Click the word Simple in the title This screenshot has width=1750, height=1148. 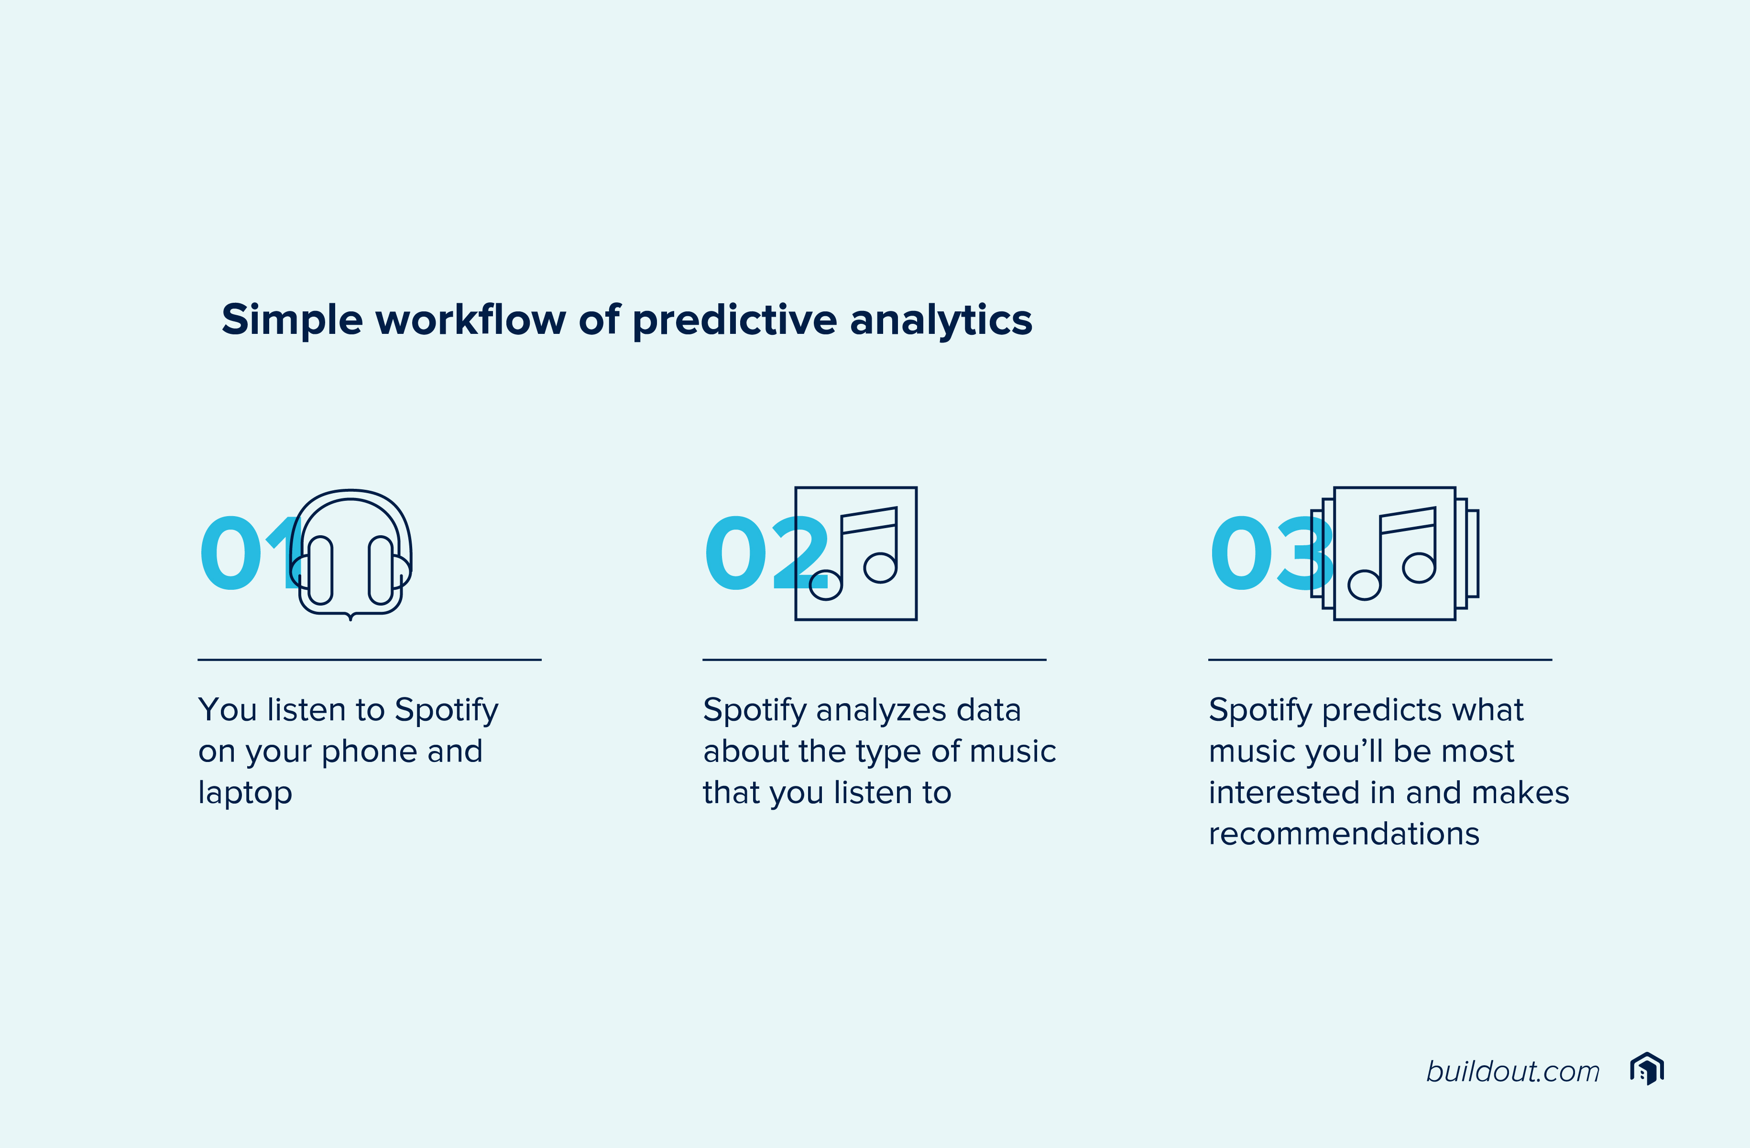[292, 320]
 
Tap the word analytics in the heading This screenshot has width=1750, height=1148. [941, 320]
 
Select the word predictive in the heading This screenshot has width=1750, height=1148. [734, 320]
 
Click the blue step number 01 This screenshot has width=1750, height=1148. [250, 553]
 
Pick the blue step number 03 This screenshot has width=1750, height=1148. [1272, 553]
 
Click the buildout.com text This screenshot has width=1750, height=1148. [1512, 1071]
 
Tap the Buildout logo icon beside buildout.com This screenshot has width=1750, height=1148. [1647, 1069]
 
